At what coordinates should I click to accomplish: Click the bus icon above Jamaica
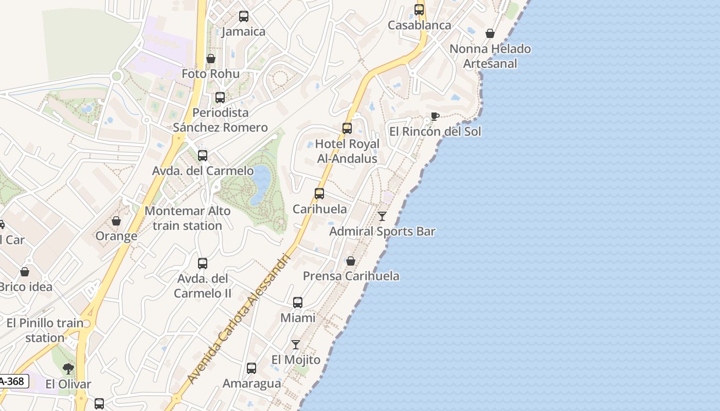pyautogui.click(x=244, y=16)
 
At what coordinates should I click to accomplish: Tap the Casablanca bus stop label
pyautogui.click(x=419, y=25)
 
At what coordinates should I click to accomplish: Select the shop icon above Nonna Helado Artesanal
pyautogui.click(x=490, y=33)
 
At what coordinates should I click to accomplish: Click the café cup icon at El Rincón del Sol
pyautogui.click(x=435, y=116)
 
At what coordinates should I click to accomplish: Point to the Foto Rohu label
pyautogui.click(x=210, y=74)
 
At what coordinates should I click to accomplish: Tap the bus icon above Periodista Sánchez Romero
pyautogui.click(x=220, y=97)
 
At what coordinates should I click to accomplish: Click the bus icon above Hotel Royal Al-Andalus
pyautogui.click(x=347, y=128)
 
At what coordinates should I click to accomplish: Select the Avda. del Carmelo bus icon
pyautogui.click(x=203, y=155)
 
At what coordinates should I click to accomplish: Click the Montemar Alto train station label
pyautogui.click(x=187, y=218)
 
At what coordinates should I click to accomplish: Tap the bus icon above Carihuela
pyautogui.click(x=319, y=194)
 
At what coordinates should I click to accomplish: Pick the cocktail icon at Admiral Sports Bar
pyautogui.click(x=382, y=216)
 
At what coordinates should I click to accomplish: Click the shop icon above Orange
pyautogui.click(x=116, y=221)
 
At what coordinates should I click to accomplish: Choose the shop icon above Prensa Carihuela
pyautogui.click(x=351, y=261)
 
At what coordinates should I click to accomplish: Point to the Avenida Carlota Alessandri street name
pyautogui.click(x=240, y=318)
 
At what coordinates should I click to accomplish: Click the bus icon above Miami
pyautogui.click(x=298, y=303)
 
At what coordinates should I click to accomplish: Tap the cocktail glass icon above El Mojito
pyautogui.click(x=296, y=344)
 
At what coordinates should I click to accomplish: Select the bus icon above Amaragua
pyautogui.click(x=251, y=368)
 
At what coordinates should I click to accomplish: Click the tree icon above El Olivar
pyautogui.click(x=68, y=368)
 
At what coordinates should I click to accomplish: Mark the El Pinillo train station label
pyautogui.click(x=45, y=330)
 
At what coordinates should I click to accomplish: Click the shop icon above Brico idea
pyautogui.click(x=25, y=272)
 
